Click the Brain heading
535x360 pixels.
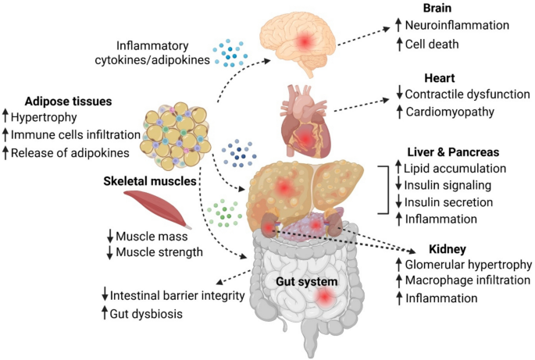click(437, 8)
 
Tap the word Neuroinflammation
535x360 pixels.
click(457, 25)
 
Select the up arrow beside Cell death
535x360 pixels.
click(399, 44)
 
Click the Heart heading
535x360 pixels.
click(440, 78)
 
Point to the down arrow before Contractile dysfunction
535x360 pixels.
click(399, 92)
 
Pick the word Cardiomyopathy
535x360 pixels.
click(450, 112)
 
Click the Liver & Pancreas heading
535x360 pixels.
click(453, 151)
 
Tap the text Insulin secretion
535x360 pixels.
click(448, 202)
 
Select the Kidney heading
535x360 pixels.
click(448, 249)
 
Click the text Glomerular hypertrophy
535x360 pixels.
click(468, 265)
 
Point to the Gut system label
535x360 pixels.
click(307, 281)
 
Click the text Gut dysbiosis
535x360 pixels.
click(146, 314)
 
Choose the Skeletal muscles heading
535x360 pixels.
click(150, 181)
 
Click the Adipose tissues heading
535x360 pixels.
click(68, 102)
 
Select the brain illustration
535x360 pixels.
click(298, 43)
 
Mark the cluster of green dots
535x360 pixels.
click(224, 213)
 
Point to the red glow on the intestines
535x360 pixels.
click(324, 298)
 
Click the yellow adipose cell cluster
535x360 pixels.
click(176, 136)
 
